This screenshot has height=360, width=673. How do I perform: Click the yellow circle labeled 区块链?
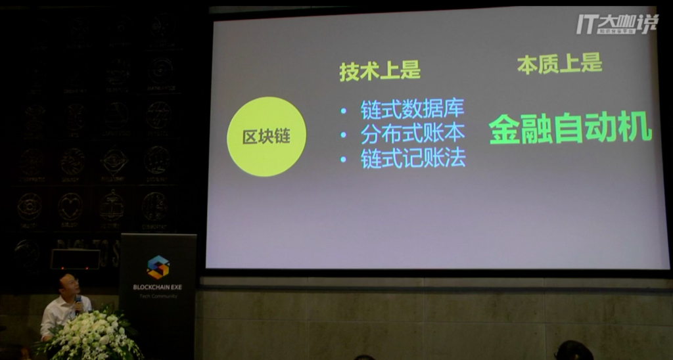(x=266, y=137)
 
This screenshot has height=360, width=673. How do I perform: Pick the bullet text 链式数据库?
(x=412, y=108)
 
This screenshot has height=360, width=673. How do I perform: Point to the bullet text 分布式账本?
(x=412, y=133)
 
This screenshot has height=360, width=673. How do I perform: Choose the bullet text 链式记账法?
(x=413, y=159)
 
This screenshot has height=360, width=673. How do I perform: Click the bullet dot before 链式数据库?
(x=344, y=109)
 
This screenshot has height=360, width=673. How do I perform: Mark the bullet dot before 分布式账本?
(x=344, y=135)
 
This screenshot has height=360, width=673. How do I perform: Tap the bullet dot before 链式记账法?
(x=344, y=160)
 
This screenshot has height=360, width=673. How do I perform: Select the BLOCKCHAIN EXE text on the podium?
(x=158, y=287)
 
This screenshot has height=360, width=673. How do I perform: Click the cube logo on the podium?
(x=158, y=267)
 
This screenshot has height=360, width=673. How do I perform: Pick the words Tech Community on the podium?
(x=158, y=296)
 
